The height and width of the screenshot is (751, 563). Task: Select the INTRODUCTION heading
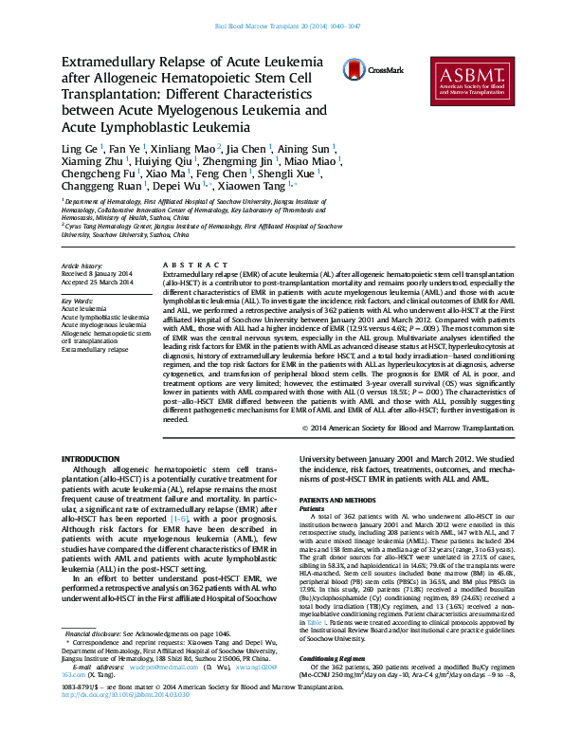pyautogui.click(x=91, y=459)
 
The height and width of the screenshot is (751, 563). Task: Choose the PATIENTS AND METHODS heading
pyautogui.click(x=336, y=499)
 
